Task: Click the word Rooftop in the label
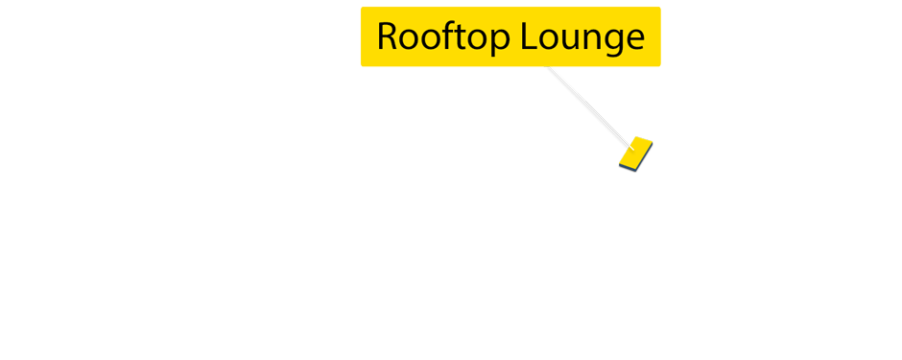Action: coord(443,37)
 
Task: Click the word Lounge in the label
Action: coord(582,37)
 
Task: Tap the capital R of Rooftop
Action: coord(388,36)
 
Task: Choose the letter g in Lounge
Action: coord(613,42)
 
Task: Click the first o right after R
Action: coord(410,39)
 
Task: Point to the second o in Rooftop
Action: coord(433,39)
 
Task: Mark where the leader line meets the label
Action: coord(548,68)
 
